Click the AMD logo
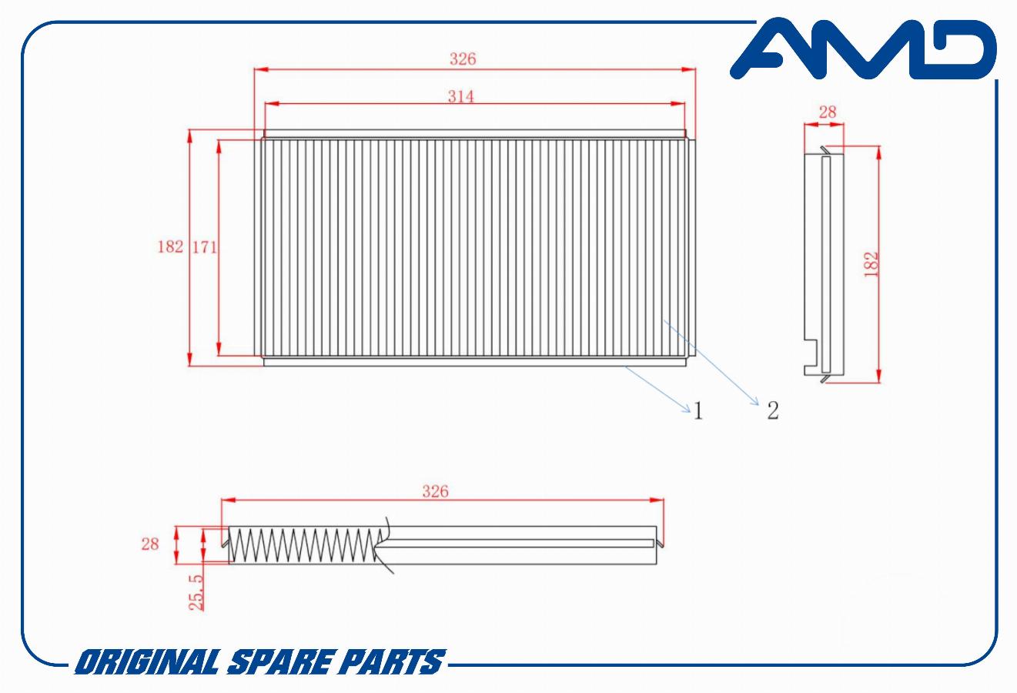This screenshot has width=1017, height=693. pyautogui.click(x=863, y=49)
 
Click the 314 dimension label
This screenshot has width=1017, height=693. pyautogui.click(x=460, y=96)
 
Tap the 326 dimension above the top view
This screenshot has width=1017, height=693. pyautogui.click(x=463, y=59)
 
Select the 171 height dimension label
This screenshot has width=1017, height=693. pyautogui.click(x=204, y=247)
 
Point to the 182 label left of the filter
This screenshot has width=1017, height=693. pyautogui.click(x=170, y=246)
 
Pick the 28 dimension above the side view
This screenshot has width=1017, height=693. pyautogui.click(x=827, y=112)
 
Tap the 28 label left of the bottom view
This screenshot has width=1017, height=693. pyautogui.click(x=150, y=544)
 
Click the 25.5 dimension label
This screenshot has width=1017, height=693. pyautogui.click(x=196, y=592)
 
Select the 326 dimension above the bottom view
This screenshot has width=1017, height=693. pyautogui.click(x=435, y=491)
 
